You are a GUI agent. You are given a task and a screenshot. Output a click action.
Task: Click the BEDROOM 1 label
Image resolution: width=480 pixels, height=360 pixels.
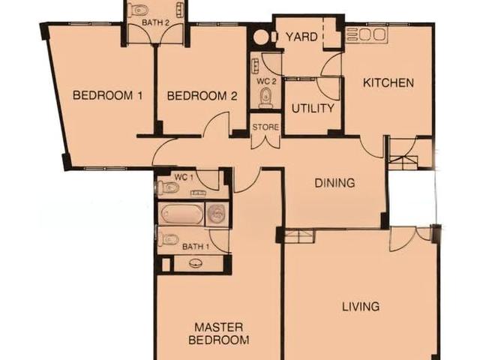point(108,96)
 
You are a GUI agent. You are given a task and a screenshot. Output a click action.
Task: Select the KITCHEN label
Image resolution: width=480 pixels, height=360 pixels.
point(388,82)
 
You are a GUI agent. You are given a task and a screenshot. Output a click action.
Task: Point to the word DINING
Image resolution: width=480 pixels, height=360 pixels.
point(334,182)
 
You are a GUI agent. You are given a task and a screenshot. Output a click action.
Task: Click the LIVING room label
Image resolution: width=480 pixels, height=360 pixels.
point(361,306)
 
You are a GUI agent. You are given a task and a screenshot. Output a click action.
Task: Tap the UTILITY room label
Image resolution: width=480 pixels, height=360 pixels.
point(313,108)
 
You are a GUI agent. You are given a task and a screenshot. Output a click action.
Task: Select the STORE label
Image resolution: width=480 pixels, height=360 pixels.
point(265,127)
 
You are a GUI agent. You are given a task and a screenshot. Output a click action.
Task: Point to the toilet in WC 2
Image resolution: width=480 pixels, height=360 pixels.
point(265,97)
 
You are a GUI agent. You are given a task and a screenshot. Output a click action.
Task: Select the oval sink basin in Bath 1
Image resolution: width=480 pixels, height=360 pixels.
point(197,263)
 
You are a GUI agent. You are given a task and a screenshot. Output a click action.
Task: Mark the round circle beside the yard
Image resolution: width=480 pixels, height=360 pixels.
point(260,37)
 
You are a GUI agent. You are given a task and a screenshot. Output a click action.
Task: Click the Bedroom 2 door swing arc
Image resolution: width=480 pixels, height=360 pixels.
point(217,124)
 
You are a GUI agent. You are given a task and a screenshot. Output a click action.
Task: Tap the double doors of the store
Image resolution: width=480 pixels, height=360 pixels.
point(265,140)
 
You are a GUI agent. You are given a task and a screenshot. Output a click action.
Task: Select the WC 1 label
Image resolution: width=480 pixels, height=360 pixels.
point(184,177)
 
